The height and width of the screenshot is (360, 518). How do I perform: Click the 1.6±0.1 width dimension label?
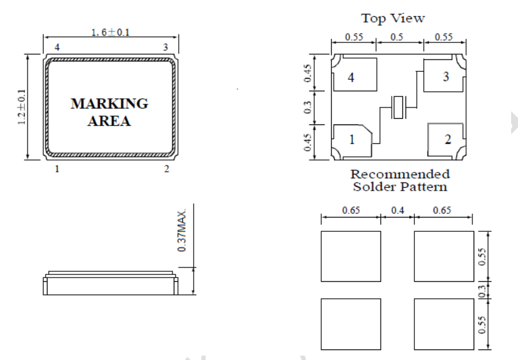(x=111, y=32)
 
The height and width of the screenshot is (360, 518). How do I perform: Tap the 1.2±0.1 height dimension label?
(x=22, y=107)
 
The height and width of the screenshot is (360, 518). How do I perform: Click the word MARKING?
(x=109, y=104)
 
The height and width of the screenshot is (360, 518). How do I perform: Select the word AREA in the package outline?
(x=109, y=121)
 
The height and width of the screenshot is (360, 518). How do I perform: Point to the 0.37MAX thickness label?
(x=182, y=230)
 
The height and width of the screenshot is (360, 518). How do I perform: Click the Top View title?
(x=393, y=18)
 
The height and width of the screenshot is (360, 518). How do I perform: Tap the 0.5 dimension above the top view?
(x=397, y=37)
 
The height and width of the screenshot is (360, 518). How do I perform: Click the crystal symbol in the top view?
(x=398, y=107)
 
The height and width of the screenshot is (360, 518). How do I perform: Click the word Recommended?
(x=400, y=174)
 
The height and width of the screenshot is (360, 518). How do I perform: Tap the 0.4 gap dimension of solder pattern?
(x=397, y=210)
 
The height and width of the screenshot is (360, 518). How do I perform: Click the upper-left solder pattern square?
(x=351, y=256)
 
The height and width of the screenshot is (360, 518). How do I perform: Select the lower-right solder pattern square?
(x=444, y=324)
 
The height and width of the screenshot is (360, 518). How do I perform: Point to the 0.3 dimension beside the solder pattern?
(x=482, y=291)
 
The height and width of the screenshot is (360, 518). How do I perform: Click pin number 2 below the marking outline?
(x=166, y=169)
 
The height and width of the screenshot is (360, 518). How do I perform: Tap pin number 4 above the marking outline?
(x=57, y=47)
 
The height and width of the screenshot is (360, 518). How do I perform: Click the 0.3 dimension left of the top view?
(x=307, y=107)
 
